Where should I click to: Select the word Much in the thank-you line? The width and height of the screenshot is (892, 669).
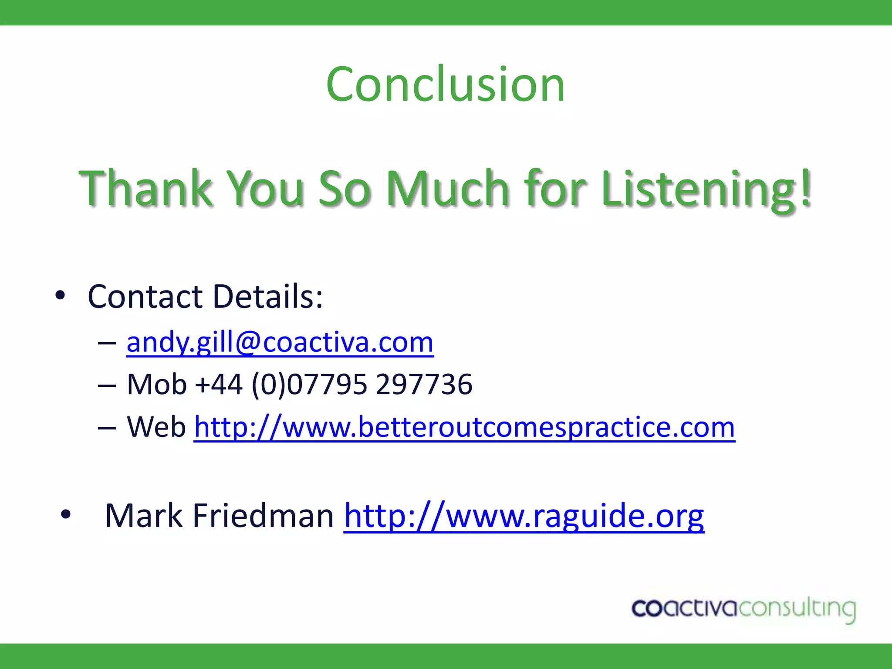[448, 188]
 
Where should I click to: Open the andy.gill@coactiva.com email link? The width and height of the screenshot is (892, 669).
[280, 342]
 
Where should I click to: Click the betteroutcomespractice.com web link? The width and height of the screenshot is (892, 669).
[464, 427]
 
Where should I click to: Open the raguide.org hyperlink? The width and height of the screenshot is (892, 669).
[524, 516]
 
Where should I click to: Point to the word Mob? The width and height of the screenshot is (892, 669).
[156, 385]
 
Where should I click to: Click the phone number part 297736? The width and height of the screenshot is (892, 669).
[423, 385]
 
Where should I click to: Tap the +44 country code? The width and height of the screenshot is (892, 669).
[219, 385]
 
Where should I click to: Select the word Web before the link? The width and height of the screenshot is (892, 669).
[156, 427]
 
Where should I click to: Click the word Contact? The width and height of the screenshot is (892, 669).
[145, 297]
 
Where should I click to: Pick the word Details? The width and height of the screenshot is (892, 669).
[267, 297]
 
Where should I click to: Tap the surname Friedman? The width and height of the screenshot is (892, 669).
[263, 516]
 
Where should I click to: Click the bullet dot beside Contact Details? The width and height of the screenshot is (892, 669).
[60, 296]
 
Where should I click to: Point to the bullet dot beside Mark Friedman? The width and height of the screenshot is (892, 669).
[66, 514]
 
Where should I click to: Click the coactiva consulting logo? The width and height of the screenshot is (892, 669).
[743, 609]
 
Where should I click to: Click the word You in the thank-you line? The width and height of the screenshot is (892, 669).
[266, 188]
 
